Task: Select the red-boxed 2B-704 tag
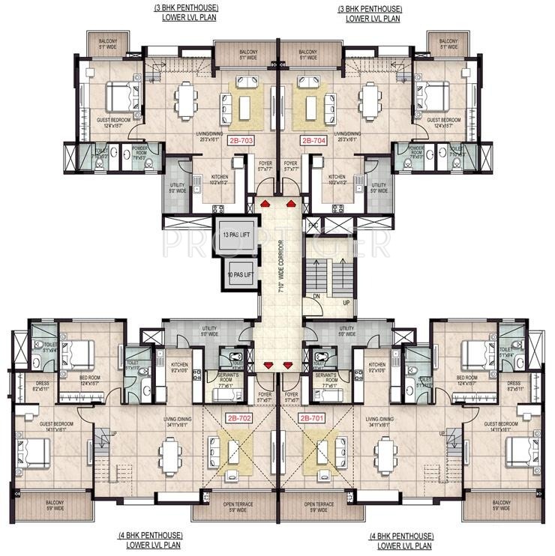pos(313,140)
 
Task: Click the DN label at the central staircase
pos(317,296)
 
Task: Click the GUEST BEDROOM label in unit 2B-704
pos(443,122)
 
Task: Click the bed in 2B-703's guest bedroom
pos(118,96)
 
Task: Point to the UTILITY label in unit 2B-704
pos(379,187)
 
